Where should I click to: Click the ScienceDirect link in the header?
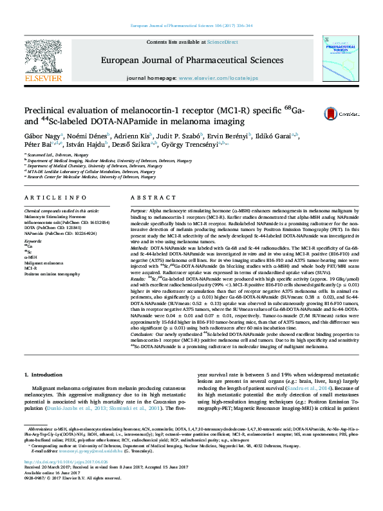[x=222, y=42]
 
